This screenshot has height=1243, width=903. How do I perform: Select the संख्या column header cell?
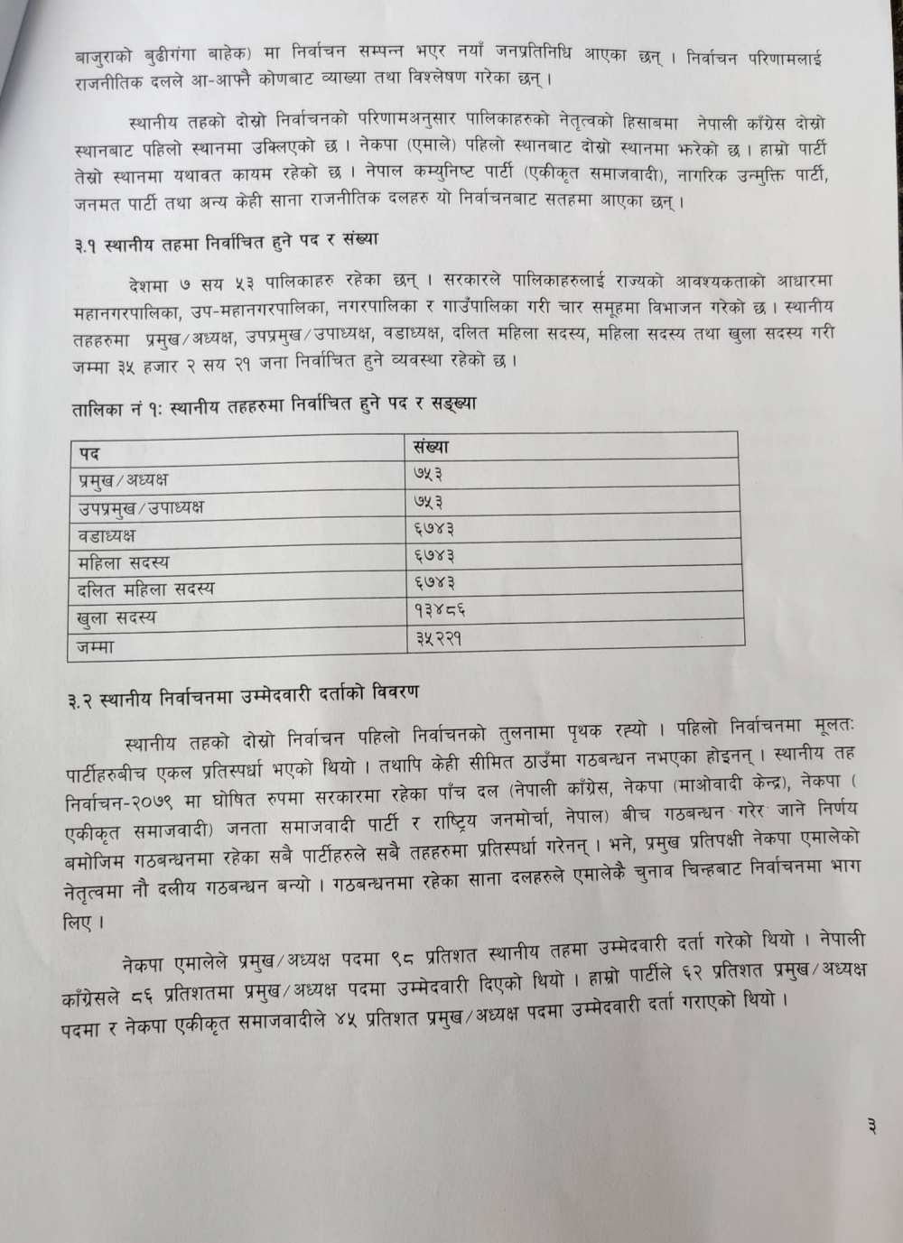431,446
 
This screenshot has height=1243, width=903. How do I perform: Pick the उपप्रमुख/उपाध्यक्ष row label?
140,507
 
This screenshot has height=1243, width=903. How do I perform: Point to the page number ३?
870,1126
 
